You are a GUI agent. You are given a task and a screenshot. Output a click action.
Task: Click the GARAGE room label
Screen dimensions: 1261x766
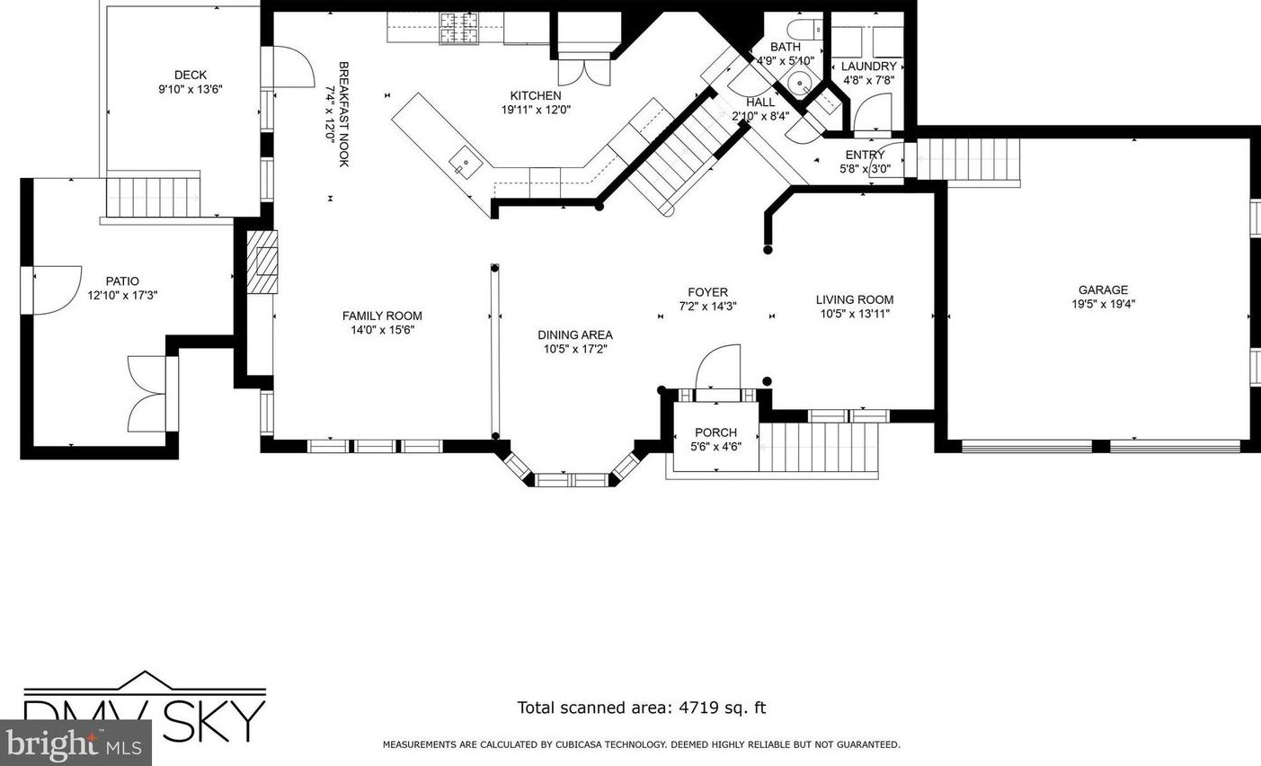click(1103, 290)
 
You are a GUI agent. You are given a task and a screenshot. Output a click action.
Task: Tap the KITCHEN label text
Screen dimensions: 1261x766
click(536, 95)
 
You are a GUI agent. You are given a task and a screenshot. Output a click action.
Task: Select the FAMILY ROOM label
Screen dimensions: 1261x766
click(382, 316)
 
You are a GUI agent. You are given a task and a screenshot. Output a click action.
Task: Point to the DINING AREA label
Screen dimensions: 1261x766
click(574, 335)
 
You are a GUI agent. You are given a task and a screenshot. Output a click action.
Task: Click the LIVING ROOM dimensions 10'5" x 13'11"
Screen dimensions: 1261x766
click(855, 314)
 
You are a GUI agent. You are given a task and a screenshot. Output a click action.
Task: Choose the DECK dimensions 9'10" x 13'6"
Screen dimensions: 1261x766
click(191, 89)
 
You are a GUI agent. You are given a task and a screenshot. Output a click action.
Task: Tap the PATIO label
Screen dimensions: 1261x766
click(122, 281)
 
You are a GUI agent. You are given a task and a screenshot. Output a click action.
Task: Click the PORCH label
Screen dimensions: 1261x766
click(715, 432)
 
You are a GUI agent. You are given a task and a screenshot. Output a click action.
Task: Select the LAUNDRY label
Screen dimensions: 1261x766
click(868, 67)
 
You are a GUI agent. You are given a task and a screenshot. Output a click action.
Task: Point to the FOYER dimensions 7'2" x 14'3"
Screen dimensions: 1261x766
click(707, 307)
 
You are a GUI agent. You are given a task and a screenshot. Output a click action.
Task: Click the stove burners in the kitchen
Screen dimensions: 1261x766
click(458, 28)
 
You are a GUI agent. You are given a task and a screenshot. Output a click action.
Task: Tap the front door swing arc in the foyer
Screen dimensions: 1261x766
click(718, 366)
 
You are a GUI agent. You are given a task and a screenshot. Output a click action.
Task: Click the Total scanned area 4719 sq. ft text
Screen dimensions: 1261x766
click(642, 708)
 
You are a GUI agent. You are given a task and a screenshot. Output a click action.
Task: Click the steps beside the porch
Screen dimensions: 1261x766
click(819, 447)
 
